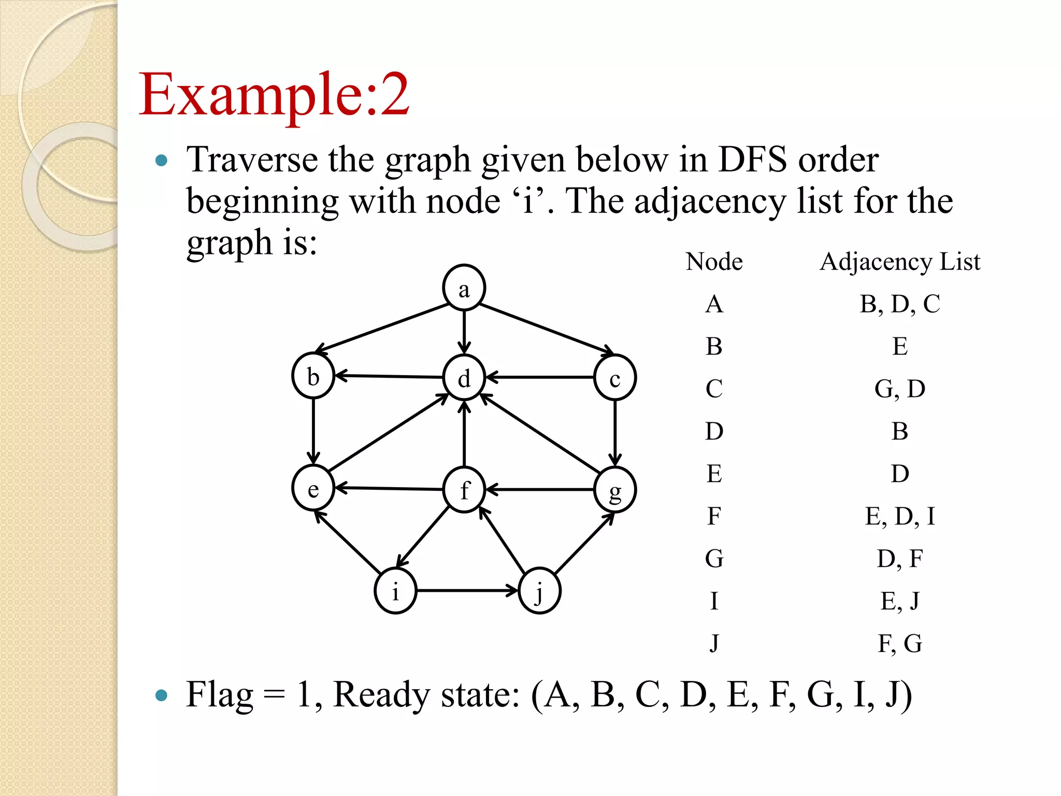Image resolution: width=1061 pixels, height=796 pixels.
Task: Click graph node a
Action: pos(464,288)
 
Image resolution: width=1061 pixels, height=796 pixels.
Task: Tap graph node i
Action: pos(395,591)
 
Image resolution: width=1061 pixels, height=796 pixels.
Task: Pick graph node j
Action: pos(539,591)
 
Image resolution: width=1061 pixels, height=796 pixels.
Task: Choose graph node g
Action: pos(615,490)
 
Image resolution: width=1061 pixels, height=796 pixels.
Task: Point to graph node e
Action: pos(313,488)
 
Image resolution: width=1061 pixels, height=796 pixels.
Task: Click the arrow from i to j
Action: pos(466,590)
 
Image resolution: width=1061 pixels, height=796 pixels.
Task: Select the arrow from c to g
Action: pos(615,433)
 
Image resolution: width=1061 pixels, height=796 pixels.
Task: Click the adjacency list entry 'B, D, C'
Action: pos(900,304)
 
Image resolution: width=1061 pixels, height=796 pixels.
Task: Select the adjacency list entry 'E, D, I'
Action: pos(900,516)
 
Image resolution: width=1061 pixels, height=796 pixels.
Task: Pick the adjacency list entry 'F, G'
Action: pos(900,644)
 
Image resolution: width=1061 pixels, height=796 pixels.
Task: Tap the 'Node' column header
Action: pos(714,262)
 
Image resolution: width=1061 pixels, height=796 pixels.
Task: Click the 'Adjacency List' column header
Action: pos(900,262)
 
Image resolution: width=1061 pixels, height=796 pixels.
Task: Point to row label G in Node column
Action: pos(714,559)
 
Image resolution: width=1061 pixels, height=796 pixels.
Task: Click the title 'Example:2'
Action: pos(274,94)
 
